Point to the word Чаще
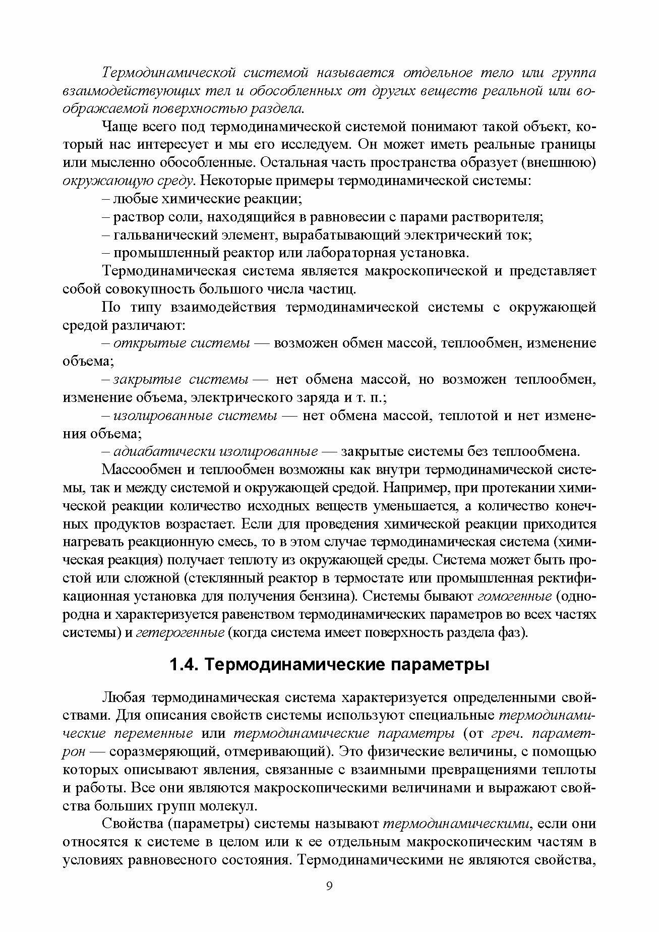pos(119,127)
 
